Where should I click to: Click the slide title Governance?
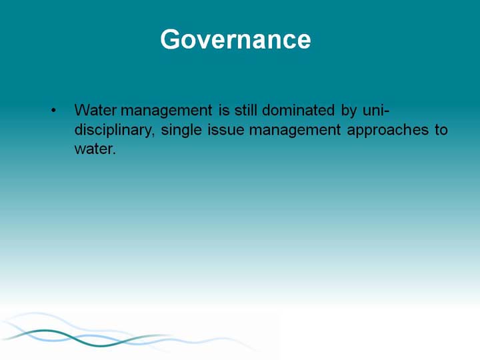pyautogui.click(x=235, y=39)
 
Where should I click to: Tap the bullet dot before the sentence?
pyautogui.click(x=53, y=110)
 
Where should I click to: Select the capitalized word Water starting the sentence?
pyautogui.click(x=95, y=110)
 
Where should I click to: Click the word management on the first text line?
pyautogui.click(x=167, y=111)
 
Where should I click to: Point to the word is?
pyautogui.click(x=224, y=110)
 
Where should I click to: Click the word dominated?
pyautogui.click(x=298, y=110)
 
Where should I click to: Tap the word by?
pyautogui.click(x=349, y=111)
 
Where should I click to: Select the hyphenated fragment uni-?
pyautogui.click(x=376, y=110)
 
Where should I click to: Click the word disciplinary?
pyautogui.click(x=114, y=131)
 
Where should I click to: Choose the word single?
pyautogui.click(x=181, y=131)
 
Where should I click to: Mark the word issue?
pyautogui.click(x=226, y=129)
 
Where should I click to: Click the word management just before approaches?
pyautogui.click(x=295, y=131)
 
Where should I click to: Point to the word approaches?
pyautogui.click(x=388, y=131)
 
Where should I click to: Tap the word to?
pyautogui.click(x=441, y=130)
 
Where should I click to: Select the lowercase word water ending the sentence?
pyautogui.click(x=94, y=149)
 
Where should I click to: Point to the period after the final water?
pyautogui.click(x=115, y=153)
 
